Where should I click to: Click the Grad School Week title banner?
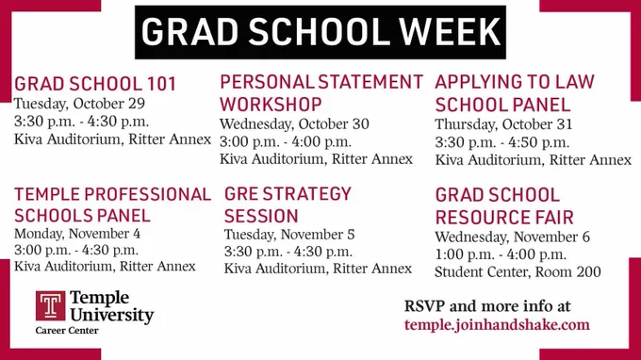(x=320, y=32)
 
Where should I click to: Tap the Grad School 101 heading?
(x=95, y=84)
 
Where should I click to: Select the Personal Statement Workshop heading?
(x=321, y=93)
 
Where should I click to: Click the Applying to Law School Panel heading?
(x=515, y=93)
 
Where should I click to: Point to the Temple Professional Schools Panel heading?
(x=113, y=205)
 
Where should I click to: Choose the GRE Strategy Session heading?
(x=288, y=205)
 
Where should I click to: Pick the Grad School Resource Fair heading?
(x=504, y=206)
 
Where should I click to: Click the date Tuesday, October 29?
(x=80, y=105)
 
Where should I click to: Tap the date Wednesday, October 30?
(x=294, y=124)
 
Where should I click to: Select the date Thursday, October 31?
(x=503, y=125)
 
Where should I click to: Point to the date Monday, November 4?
(x=77, y=234)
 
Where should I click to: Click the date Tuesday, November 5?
(x=289, y=235)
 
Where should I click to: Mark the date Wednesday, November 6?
(x=512, y=237)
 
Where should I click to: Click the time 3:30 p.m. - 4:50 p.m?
(x=502, y=142)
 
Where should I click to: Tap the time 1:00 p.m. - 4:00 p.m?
(x=501, y=255)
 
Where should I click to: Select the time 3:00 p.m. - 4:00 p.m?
(x=286, y=142)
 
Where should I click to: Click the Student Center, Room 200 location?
(x=518, y=272)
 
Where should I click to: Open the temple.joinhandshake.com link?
(x=497, y=325)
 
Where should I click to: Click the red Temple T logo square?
(x=50, y=305)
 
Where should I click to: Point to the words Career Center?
(x=67, y=331)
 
